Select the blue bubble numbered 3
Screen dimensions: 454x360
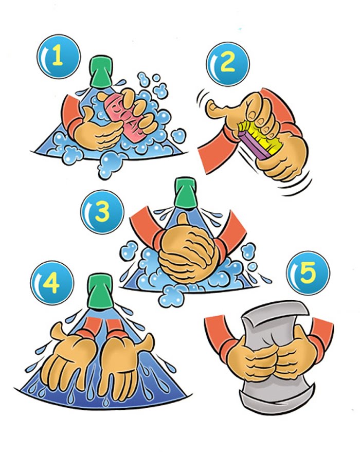click(x=102, y=212)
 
